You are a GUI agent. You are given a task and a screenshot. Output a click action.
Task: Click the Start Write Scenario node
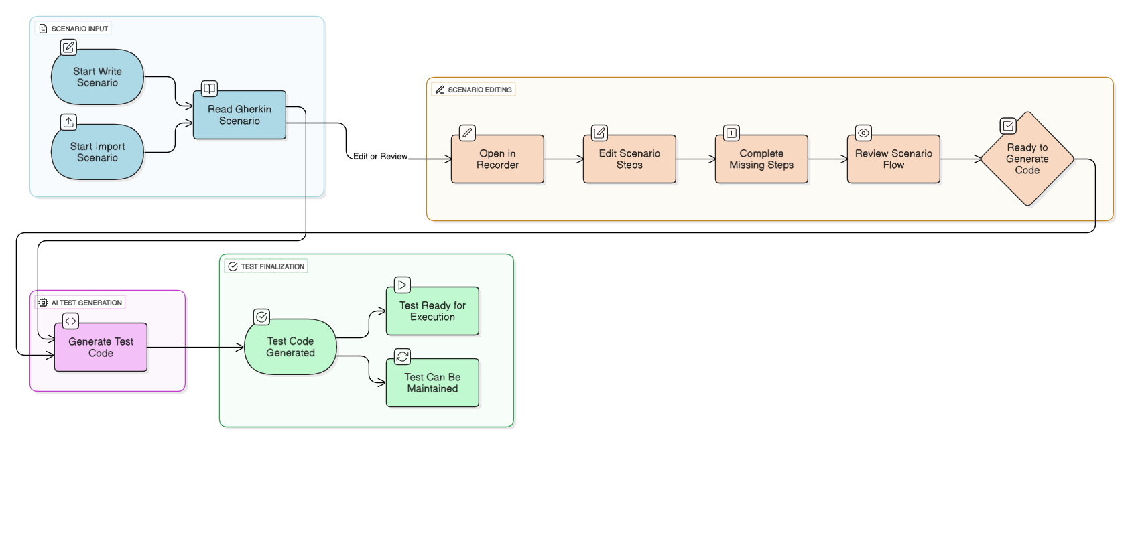(97, 77)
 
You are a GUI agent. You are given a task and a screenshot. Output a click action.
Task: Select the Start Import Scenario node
(97, 152)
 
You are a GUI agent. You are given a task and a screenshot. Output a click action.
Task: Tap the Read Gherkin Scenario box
(239, 115)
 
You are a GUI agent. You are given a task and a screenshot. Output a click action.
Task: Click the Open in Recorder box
(497, 159)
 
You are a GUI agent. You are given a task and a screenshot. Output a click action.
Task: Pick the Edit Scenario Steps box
(629, 159)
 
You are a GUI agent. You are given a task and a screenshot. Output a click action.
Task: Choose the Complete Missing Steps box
(761, 159)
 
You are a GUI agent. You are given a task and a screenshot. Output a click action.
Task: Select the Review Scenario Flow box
(893, 159)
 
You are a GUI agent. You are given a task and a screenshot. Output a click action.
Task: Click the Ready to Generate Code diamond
(1027, 159)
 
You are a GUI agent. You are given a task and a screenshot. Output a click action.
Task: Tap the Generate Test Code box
(101, 348)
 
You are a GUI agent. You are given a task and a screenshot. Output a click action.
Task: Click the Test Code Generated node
(290, 347)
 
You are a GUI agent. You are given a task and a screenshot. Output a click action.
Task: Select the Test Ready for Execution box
(432, 311)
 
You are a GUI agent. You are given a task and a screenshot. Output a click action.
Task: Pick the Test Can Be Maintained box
(432, 383)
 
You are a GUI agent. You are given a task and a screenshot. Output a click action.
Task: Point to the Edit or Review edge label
(380, 157)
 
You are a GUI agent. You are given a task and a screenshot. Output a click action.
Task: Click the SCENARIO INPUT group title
(79, 29)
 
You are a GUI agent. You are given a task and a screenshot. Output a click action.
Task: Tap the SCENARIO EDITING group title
(479, 90)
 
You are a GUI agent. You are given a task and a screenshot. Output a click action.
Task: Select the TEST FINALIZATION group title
(272, 266)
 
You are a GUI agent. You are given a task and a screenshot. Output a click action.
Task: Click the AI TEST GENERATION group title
(86, 303)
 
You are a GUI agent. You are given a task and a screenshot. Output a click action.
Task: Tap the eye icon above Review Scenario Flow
(863, 133)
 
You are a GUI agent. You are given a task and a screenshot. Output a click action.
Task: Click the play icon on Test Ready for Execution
(402, 285)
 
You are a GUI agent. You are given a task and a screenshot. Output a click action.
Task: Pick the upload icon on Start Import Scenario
(68, 122)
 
